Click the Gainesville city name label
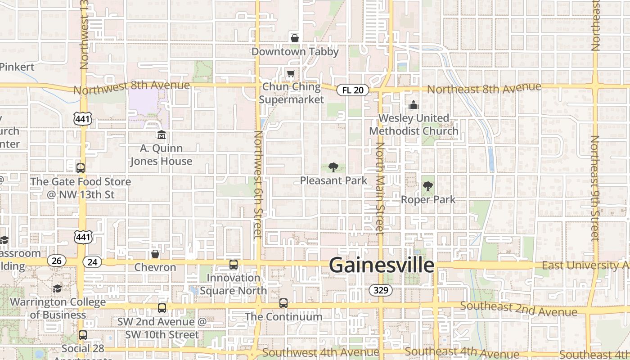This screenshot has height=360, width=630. [x=382, y=265]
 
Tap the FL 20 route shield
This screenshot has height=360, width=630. [x=352, y=90]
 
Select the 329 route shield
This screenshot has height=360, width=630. [x=381, y=290]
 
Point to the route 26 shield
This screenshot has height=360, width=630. [x=56, y=261]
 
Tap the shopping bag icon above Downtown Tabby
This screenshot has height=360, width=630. [x=295, y=38]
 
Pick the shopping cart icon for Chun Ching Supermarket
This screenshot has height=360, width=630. [x=291, y=73]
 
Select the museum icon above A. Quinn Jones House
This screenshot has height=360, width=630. [x=161, y=135]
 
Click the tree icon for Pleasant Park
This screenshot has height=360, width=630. [x=333, y=167]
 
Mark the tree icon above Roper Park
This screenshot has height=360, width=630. [x=428, y=186]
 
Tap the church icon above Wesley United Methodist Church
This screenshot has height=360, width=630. [x=414, y=105]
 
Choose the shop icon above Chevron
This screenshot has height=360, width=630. [x=155, y=254]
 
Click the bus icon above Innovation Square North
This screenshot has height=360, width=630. [x=233, y=265]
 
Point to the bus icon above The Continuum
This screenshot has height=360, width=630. [x=283, y=303]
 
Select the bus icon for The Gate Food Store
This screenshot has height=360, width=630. [x=81, y=168]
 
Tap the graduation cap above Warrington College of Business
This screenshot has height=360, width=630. [x=57, y=288]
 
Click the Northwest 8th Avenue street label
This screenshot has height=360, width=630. [x=131, y=87]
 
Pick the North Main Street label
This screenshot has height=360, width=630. [x=380, y=187]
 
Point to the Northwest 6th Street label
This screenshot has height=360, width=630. [x=258, y=184]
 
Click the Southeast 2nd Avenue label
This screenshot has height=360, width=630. [x=518, y=309]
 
